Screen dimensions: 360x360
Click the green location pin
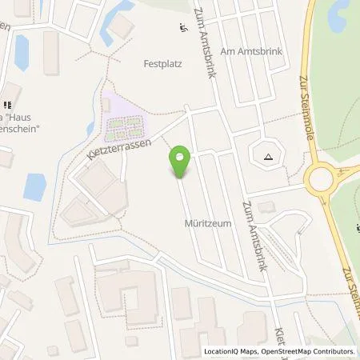click(181, 160)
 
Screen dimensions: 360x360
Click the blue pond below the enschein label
click(34, 186)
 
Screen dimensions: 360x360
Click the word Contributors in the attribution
click(333, 351)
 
